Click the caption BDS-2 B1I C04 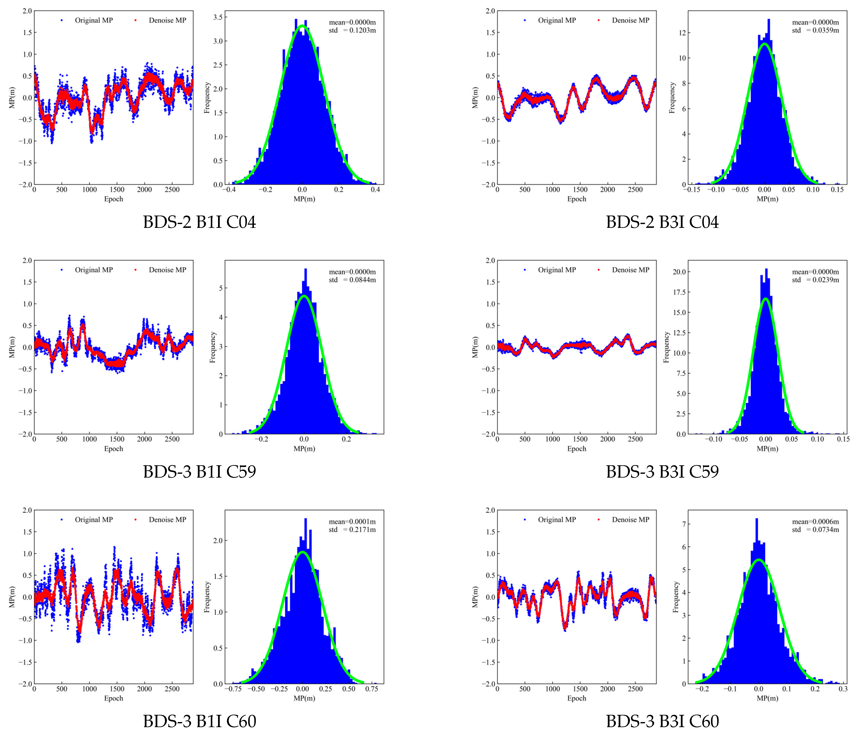click(200, 222)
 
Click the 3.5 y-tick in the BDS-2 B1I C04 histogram click(218, 17)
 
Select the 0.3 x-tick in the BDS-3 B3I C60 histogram click(843, 689)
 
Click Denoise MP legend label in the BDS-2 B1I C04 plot click(167, 20)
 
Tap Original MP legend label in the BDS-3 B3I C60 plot click(556, 520)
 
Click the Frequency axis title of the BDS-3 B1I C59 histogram click(213, 347)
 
